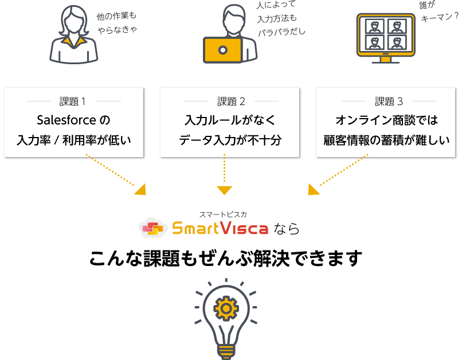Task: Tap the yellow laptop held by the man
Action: [223, 50]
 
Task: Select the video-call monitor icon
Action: [386, 36]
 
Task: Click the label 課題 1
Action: [73, 102]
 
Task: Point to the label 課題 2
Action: [231, 102]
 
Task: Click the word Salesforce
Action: [65, 120]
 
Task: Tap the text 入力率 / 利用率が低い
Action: [74, 139]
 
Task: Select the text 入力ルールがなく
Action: [230, 120]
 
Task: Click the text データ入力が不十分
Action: [230, 139]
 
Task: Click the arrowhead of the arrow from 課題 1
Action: [140, 190]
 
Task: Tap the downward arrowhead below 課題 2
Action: [224, 190]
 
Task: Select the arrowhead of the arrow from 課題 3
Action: [312, 190]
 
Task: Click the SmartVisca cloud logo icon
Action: [152, 228]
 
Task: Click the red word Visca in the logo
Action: [245, 229]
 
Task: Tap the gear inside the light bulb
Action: [225, 310]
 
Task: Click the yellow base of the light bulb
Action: [225, 350]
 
